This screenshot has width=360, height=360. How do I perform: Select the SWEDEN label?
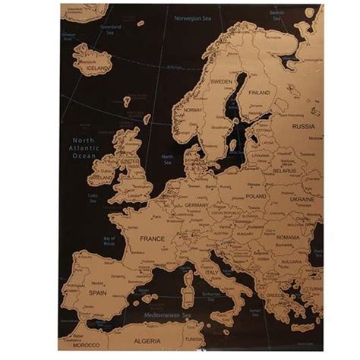click(x=221, y=81)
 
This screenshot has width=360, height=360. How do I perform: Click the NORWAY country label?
click(x=191, y=109)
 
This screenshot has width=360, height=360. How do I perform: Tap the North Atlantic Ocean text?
click(x=83, y=148)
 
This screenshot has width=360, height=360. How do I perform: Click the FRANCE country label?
click(x=152, y=238)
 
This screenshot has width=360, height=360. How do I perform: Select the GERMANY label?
click(x=196, y=205)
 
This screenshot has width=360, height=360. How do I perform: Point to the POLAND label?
click(x=256, y=196)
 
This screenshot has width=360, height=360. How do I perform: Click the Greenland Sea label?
click(x=111, y=30)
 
